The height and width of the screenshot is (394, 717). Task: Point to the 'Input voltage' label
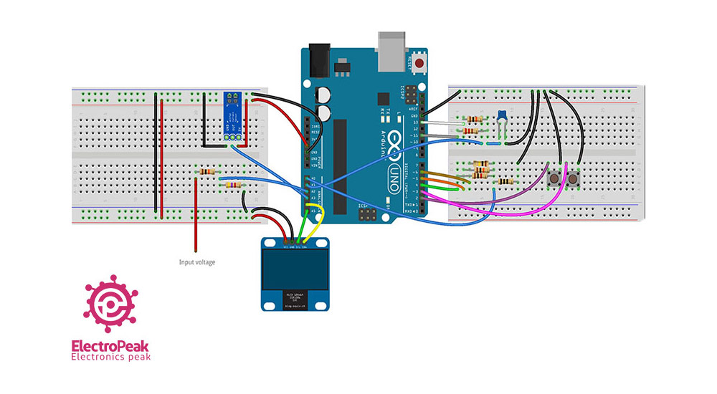pyautogui.click(x=196, y=262)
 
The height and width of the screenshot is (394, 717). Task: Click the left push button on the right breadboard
pyautogui.click(x=554, y=178)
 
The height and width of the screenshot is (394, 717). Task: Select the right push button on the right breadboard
pyautogui.click(x=573, y=179)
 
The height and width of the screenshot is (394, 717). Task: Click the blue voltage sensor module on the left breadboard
pyautogui.click(x=231, y=115)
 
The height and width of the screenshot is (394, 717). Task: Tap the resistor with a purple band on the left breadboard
pyautogui.click(x=232, y=186)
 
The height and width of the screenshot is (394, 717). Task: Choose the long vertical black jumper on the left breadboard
pyautogui.click(x=161, y=158)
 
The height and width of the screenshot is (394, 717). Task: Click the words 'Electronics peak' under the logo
pyautogui.click(x=110, y=357)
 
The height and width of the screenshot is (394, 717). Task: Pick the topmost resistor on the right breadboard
pyautogui.click(x=473, y=119)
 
